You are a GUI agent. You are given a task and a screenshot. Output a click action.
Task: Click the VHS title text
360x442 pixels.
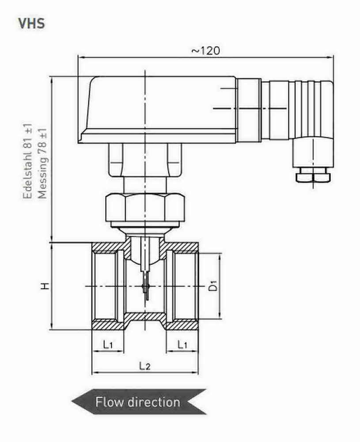coord(31,23)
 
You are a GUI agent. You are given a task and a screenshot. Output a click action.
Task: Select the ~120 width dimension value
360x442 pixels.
coord(205,50)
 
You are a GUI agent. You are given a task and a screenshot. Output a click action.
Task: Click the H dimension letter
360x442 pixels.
coord(45,286)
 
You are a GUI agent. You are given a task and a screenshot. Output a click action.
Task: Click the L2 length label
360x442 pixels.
coord(145,366)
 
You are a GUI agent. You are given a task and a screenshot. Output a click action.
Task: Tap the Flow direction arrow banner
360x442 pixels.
coord(138,402)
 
